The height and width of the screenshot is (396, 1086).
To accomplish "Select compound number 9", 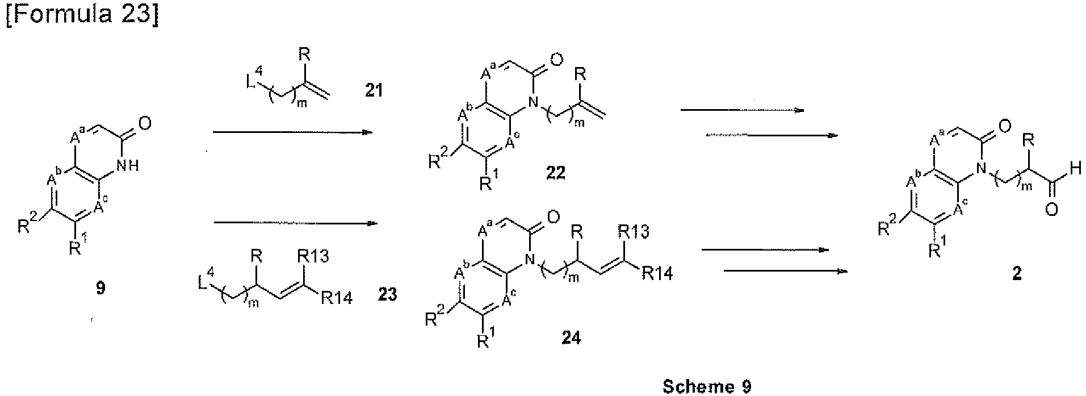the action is coord(100,289).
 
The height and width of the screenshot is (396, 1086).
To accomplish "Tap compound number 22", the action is coord(555,172).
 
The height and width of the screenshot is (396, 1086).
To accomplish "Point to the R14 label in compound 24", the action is coord(657,275).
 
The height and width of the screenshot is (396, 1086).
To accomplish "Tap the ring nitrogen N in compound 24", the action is coord(531,261).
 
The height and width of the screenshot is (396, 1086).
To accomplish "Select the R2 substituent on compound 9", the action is coord(27,228).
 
